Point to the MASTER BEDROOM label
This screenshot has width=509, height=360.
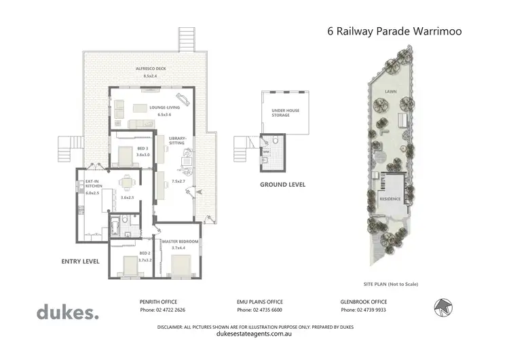(x=180, y=242)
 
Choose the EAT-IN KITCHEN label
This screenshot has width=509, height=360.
(x=93, y=183)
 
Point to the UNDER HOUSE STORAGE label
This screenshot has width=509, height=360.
(x=281, y=112)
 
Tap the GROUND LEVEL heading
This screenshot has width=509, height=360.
(x=282, y=184)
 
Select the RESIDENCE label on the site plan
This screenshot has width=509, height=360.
(x=390, y=199)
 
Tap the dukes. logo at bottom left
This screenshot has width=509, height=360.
(x=67, y=312)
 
